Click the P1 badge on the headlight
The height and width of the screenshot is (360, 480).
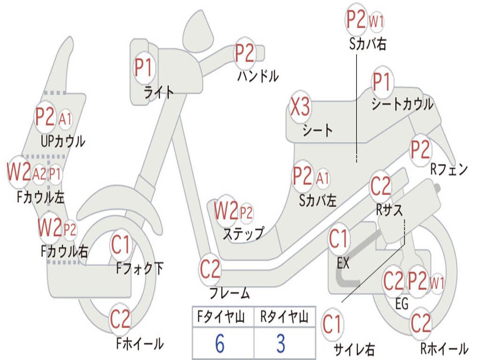pyautogui.click(x=144, y=67)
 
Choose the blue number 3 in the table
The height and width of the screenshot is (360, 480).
pyautogui.click(x=281, y=344)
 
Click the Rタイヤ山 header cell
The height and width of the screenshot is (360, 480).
pyautogui.click(x=284, y=317)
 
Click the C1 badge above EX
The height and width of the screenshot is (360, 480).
pyautogui.click(x=339, y=240)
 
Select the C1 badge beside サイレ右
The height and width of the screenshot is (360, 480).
pyautogui.click(x=332, y=324)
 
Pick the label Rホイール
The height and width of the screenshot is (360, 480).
pyautogui.click(x=444, y=348)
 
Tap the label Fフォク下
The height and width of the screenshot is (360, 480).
pyautogui.click(x=140, y=269)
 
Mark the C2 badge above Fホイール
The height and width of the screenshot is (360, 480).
pyautogui.click(x=120, y=319)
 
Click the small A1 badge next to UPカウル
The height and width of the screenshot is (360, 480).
pyautogui.click(x=65, y=119)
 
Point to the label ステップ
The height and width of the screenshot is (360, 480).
pyautogui.click(x=243, y=233)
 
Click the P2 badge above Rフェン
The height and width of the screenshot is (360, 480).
pyautogui.click(x=420, y=150)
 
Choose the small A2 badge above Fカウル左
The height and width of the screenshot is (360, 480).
pyautogui.click(x=39, y=174)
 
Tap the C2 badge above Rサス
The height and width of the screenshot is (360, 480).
pyautogui.click(x=381, y=187)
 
